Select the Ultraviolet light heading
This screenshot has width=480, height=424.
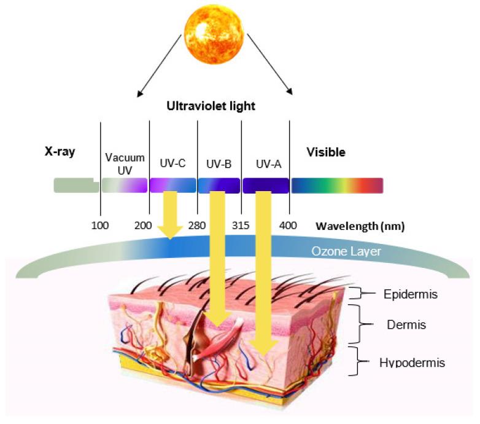(211, 106)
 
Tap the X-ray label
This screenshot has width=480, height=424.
(60, 152)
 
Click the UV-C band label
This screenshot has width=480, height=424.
(172, 163)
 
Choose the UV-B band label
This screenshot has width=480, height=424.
(219, 163)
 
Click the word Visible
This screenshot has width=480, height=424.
(325, 152)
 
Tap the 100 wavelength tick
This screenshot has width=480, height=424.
(100, 225)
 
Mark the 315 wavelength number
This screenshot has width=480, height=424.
(241, 225)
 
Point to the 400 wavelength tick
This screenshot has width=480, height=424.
(288, 225)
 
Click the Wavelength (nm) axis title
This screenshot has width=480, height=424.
(360, 226)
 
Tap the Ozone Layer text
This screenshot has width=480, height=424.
(346, 251)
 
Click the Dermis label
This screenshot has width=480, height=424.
(408, 324)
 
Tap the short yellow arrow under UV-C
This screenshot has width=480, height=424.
(169, 216)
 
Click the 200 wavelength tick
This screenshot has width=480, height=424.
(143, 225)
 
